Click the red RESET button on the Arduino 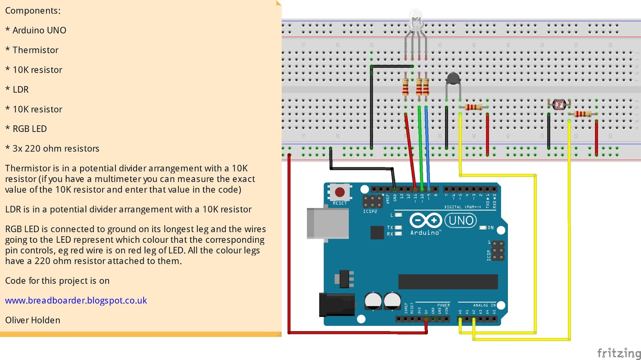[x=340, y=192]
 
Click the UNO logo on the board [x=461, y=220]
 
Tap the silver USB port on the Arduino [x=327, y=223]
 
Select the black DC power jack [x=336, y=305]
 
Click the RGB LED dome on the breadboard [x=416, y=20]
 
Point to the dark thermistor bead [x=453, y=79]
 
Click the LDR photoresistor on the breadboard [x=559, y=105]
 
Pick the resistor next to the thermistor [x=474, y=107]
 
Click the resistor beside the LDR [x=583, y=114]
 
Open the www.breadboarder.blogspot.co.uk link [x=76, y=300]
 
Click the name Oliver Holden [x=32, y=320]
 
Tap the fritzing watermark [x=619, y=353]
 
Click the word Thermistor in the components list [x=35, y=50]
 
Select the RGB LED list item [x=29, y=129]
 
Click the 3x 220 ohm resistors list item [x=55, y=148]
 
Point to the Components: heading [x=32, y=11]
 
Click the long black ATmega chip [x=448, y=281]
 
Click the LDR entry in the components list [x=20, y=89]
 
